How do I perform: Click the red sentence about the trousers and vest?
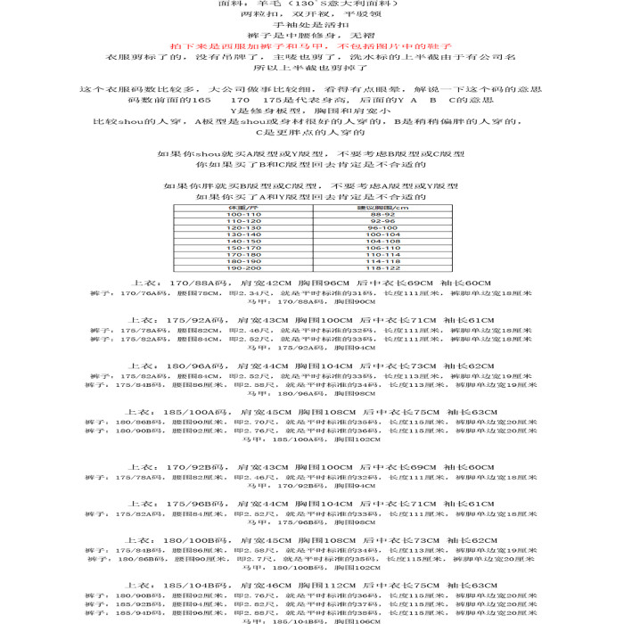click(x=311, y=45)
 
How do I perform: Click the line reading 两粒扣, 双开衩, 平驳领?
click(x=311, y=15)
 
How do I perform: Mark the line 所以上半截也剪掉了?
click(x=311, y=68)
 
